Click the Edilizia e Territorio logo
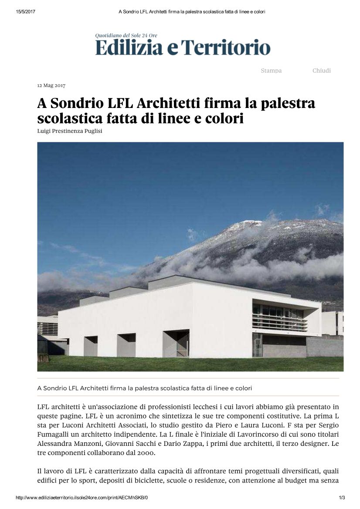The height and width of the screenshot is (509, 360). pyautogui.click(x=183, y=47)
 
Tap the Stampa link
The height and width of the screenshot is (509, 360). pyautogui.click(x=271, y=71)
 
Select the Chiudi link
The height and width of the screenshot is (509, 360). pyautogui.click(x=321, y=71)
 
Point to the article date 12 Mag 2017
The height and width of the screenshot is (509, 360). pyautogui.click(x=51, y=85)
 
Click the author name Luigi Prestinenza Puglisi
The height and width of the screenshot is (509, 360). pyautogui.click(x=70, y=131)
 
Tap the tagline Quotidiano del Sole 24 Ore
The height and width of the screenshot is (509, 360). pyautogui.click(x=126, y=35)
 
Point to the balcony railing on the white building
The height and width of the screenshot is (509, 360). pyautogui.click(x=279, y=322)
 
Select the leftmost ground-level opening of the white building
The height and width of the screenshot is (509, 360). pyautogui.click(x=91, y=346)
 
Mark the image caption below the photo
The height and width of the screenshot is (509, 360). pyautogui.click(x=145, y=388)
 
